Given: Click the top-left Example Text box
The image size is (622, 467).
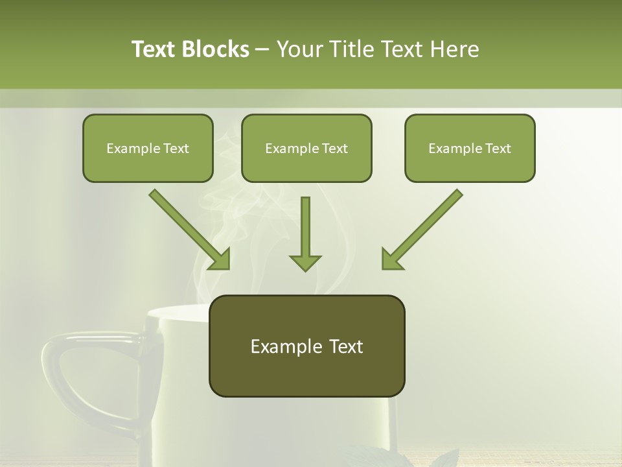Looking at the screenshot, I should click(148, 148).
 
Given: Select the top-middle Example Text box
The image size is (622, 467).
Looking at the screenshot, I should click(306, 148).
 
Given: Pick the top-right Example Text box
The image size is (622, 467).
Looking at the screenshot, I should click(470, 148).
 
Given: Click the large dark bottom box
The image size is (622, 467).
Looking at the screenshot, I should click(306, 346).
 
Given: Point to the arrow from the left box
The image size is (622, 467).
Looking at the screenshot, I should click(188, 228).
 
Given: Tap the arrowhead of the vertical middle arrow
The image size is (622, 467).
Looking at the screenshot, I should click(305, 262).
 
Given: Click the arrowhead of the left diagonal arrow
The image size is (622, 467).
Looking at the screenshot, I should click(220, 259).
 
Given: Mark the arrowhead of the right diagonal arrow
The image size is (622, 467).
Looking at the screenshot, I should click(391, 259).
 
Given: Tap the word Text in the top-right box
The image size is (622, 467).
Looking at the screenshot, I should click(498, 148).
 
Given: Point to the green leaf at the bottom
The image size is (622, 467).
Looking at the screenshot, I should click(447, 459).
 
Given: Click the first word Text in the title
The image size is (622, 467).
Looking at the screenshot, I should click(155, 49).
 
